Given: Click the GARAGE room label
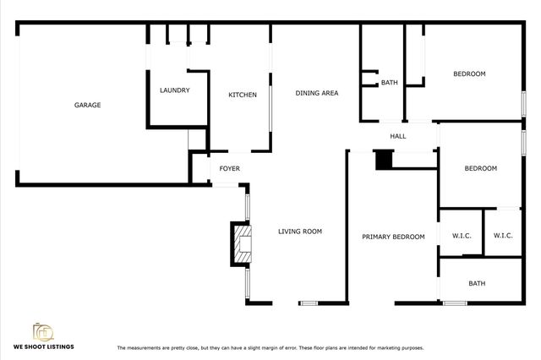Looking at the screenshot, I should pyautogui.click(x=87, y=106).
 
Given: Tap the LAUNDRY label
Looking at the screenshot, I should pyautogui.click(x=175, y=90).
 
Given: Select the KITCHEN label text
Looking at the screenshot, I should pyautogui.click(x=243, y=95).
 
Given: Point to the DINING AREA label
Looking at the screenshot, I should pyautogui.click(x=316, y=93).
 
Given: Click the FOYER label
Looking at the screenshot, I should pyautogui.click(x=229, y=169).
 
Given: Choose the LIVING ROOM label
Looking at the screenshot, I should pyautogui.click(x=300, y=232).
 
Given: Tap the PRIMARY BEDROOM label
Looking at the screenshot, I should pyautogui.click(x=393, y=237).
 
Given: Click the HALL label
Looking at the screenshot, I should pyautogui.click(x=398, y=136).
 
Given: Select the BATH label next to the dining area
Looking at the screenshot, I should pyautogui.click(x=389, y=83).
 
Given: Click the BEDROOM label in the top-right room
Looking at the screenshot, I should pyautogui.click(x=469, y=74).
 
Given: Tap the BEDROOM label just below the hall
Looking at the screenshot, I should pyautogui.click(x=480, y=169).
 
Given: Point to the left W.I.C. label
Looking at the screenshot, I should pyautogui.click(x=462, y=236).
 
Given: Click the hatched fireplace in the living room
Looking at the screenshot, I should pyautogui.click(x=242, y=243).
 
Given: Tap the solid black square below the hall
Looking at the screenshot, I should pyautogui.click(x=384, y=159).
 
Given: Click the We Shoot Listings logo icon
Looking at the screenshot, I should pyautogui.click(x=42, y=330).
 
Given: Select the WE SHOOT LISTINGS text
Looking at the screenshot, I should pyautogui.click(x=42, y=347).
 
